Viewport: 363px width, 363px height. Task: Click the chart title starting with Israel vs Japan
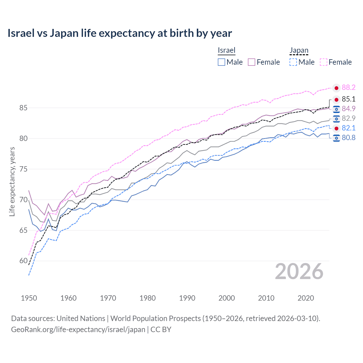pos(120,33)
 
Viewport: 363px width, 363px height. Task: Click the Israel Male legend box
pos(221,62)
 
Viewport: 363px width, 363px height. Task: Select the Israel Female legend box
pos(252,62)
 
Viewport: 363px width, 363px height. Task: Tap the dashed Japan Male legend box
pos(293,62)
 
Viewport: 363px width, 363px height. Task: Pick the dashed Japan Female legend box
pos(324,62)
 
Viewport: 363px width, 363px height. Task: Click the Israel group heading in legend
pos(227,50)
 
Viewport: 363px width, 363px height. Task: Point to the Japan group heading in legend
pos(299,50)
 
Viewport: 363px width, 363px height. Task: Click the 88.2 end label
pos(349,87)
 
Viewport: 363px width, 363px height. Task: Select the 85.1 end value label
pos(349,99)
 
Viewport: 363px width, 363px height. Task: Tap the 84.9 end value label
pos(349,109)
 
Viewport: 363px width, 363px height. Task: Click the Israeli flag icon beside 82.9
pos(336,119)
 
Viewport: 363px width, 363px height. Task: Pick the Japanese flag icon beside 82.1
pos(336,128)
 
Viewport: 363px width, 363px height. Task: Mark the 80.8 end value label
pos(349,138)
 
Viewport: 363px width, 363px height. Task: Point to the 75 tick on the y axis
pos(24,169)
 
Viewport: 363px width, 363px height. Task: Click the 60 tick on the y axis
pos(24,261)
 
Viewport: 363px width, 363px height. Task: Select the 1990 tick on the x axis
pos(187,298)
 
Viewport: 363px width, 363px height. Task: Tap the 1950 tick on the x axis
pos(29,298)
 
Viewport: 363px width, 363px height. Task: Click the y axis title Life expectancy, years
pos(12,181)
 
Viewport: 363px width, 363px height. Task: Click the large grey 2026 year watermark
pos(299,271)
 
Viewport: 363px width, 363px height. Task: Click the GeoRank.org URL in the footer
pos(78,330)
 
